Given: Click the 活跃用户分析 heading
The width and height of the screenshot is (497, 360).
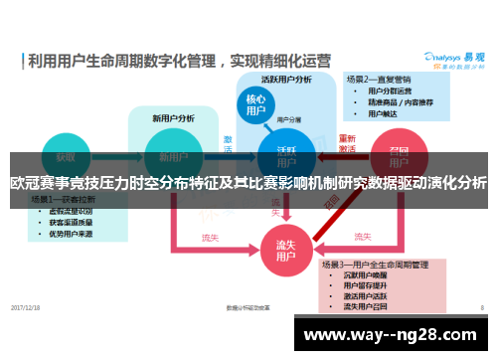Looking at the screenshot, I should (x=287, y=80).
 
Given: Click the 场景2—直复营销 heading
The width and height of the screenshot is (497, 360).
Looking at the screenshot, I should (x=379, y=78).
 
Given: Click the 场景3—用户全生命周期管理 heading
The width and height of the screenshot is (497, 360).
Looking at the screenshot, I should (x=374, y=265).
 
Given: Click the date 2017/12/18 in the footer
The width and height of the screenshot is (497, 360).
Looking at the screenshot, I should (x=26, y=307).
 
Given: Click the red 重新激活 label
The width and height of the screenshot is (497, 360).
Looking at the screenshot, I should (x=348, y=143).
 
